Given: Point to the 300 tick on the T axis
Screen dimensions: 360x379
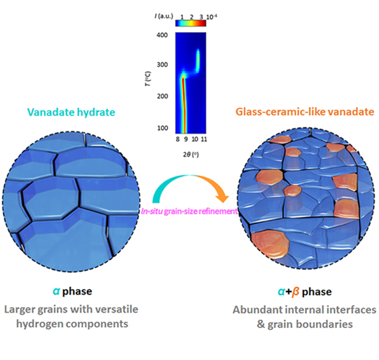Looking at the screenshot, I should coord(166,65).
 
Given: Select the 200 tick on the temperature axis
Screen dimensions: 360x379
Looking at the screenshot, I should coord(166,96).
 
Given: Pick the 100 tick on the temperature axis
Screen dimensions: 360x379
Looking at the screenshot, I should coord(166,128).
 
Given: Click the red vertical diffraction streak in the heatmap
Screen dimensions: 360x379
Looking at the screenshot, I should coord(183,105).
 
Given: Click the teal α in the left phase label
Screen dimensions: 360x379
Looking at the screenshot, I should coord(54,290).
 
